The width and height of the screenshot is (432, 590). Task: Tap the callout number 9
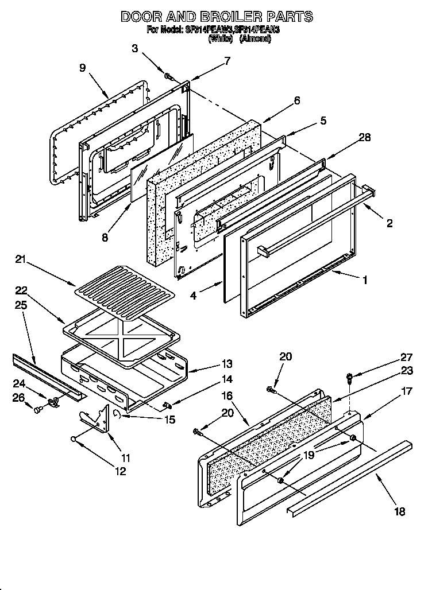(x=83, y=68)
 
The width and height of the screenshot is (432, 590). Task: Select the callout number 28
(x=364, y=137)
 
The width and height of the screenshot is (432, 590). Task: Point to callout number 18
(x=400, y=511)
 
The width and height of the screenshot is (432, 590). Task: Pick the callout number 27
(x=407, y=357)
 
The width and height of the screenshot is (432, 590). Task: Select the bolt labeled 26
(x=38, y=410)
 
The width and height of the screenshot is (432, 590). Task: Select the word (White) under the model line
(x=220, y=39)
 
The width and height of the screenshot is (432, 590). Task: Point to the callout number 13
(x=227, y=363)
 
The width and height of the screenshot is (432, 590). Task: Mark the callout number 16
(x=227, y=395)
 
